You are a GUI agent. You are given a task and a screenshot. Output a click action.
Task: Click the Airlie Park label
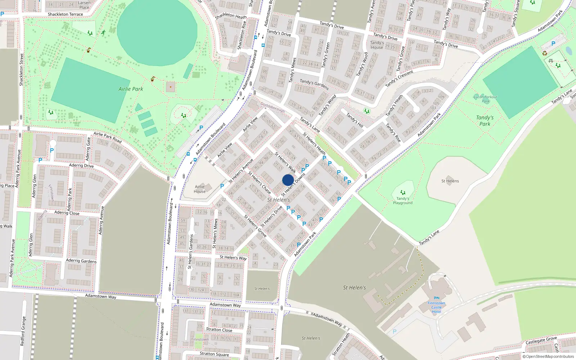pos(131,89)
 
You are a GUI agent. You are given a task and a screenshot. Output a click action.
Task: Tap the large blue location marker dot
pos(288,180)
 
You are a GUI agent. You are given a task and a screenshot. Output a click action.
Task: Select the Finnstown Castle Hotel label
pos(436,307)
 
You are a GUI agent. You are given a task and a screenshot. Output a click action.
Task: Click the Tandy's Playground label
pos(403,201)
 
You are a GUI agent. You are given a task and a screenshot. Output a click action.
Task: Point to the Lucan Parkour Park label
pos(485,99)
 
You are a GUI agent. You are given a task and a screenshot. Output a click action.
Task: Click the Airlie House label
pos(200,189)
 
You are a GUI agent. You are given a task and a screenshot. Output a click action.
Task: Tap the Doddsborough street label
pos(273,107)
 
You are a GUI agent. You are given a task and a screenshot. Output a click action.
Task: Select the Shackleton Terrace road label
pos(65,14)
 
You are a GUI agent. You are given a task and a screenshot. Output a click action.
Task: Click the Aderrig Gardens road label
pos(81,261)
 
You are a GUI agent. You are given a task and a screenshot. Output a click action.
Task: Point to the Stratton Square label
pos(214,354)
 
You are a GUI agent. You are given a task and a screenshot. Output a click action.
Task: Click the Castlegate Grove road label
pos(541,340)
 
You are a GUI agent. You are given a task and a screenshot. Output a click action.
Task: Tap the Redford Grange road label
pos(23,331)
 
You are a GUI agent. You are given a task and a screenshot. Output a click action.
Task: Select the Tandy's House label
pos(377,45)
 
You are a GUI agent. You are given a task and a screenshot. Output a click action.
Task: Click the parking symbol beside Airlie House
pos(222,186)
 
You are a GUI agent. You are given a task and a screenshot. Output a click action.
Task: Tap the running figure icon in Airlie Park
pos(103,33)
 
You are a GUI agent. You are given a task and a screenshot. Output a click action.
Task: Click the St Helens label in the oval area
pos(450,181)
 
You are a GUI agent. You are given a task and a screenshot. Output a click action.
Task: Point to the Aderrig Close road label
pos(67,213)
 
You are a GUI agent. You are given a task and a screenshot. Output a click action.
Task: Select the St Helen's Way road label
pos(233,257)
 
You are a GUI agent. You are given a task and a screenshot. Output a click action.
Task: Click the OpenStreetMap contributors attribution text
pos(548,356)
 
